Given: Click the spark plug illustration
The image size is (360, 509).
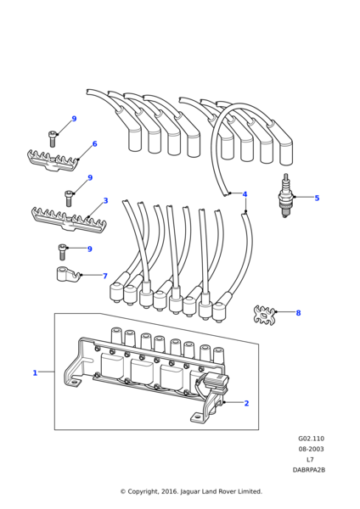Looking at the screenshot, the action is point(285,195).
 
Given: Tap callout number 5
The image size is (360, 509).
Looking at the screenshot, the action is point(317,198).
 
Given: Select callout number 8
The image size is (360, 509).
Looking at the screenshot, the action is point(298,313).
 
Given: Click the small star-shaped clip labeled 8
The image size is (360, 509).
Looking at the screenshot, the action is point(264,314).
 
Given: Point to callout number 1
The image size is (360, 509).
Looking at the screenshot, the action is point(35,373).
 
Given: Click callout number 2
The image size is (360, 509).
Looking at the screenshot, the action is point(246,403).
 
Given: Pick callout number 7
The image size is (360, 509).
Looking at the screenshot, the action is point(105,276).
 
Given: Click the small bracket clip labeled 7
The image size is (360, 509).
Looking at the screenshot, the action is point(68,275).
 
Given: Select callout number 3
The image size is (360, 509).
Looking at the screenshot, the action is point(105,200).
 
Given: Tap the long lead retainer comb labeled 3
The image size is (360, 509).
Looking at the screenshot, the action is point(70,220).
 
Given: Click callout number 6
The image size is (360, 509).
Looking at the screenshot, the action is point(94,144).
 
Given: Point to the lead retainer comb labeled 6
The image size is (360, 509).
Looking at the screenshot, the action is point(53,160).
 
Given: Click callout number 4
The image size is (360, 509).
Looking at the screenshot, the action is point(245,194).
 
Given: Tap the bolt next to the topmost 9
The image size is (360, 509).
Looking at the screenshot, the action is point(53,138).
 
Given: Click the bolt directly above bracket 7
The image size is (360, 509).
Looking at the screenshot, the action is point(62,252).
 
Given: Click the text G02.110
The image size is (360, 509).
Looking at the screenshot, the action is point(311,439).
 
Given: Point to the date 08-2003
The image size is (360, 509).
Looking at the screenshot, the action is point(311,449).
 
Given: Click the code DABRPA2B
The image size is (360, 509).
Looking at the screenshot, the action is point(309,470).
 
